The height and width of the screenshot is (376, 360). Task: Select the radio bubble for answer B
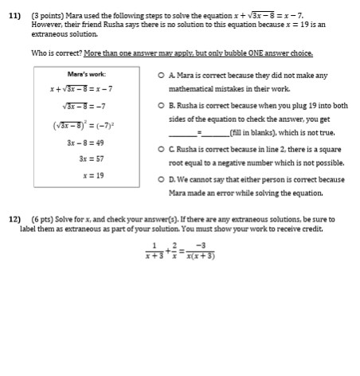(x=162, y=105)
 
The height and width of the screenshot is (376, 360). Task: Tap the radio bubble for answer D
(x=162, y=178)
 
